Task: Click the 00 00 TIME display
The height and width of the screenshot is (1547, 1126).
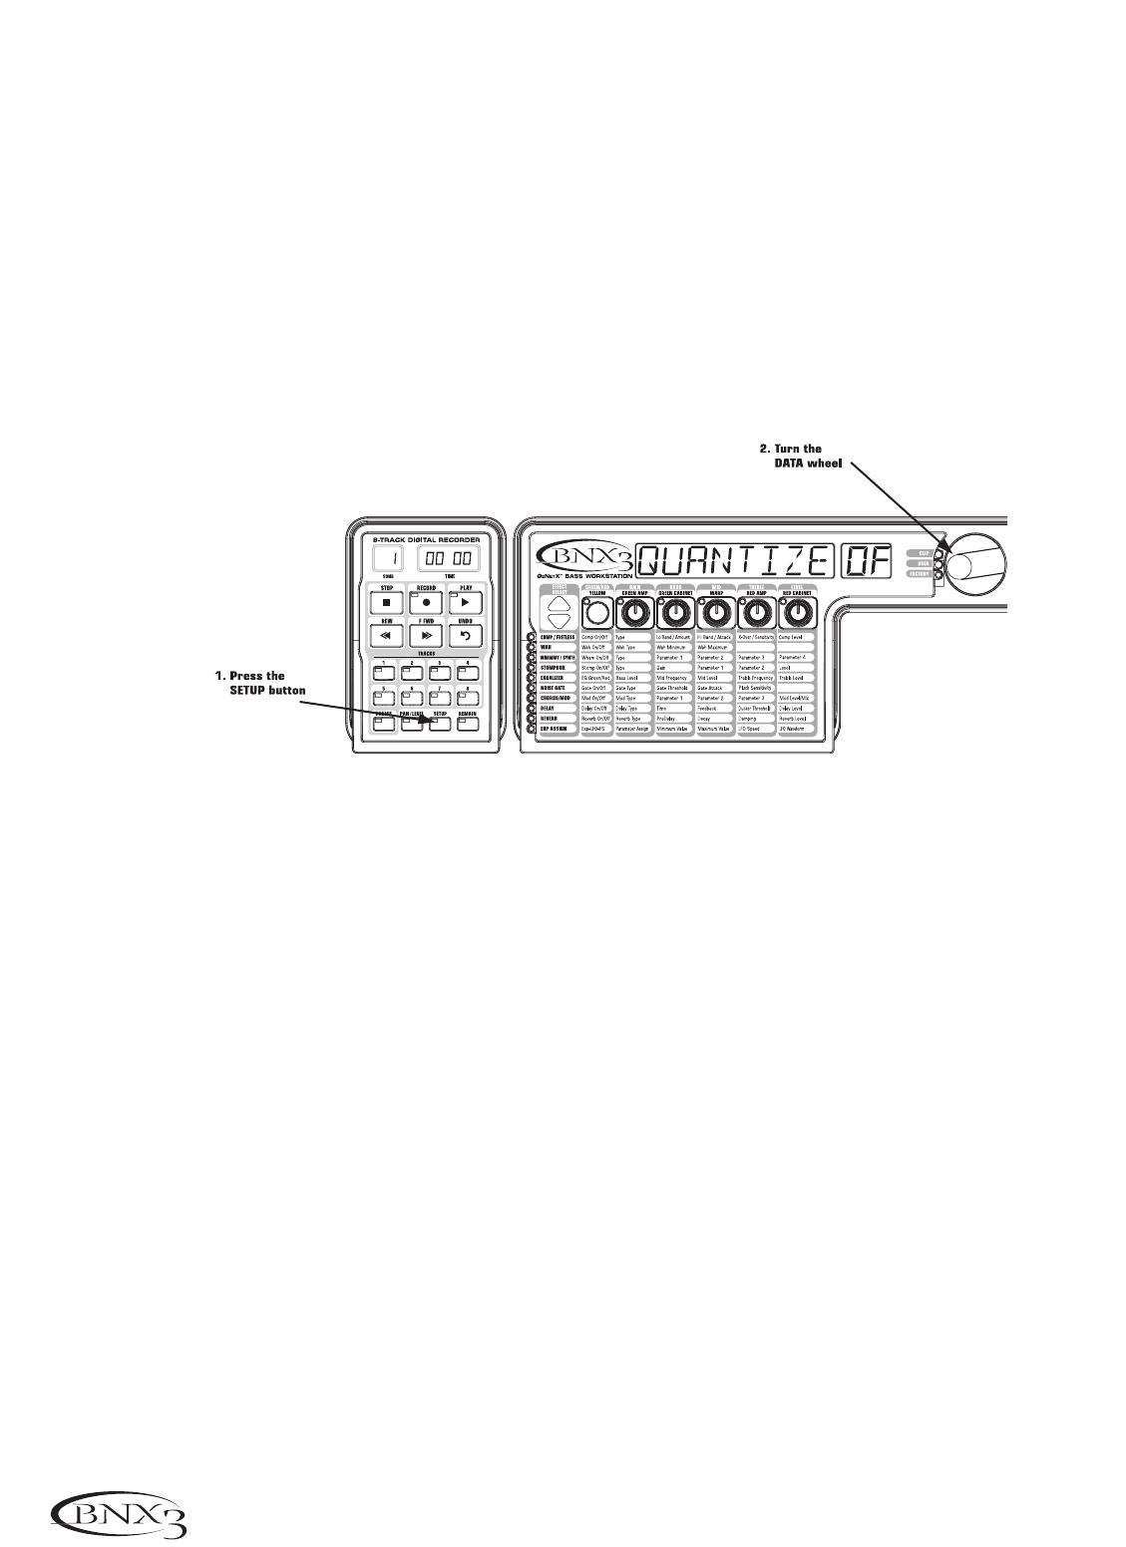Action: point(448,559)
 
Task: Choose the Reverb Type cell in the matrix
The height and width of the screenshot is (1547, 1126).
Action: point(632,718)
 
